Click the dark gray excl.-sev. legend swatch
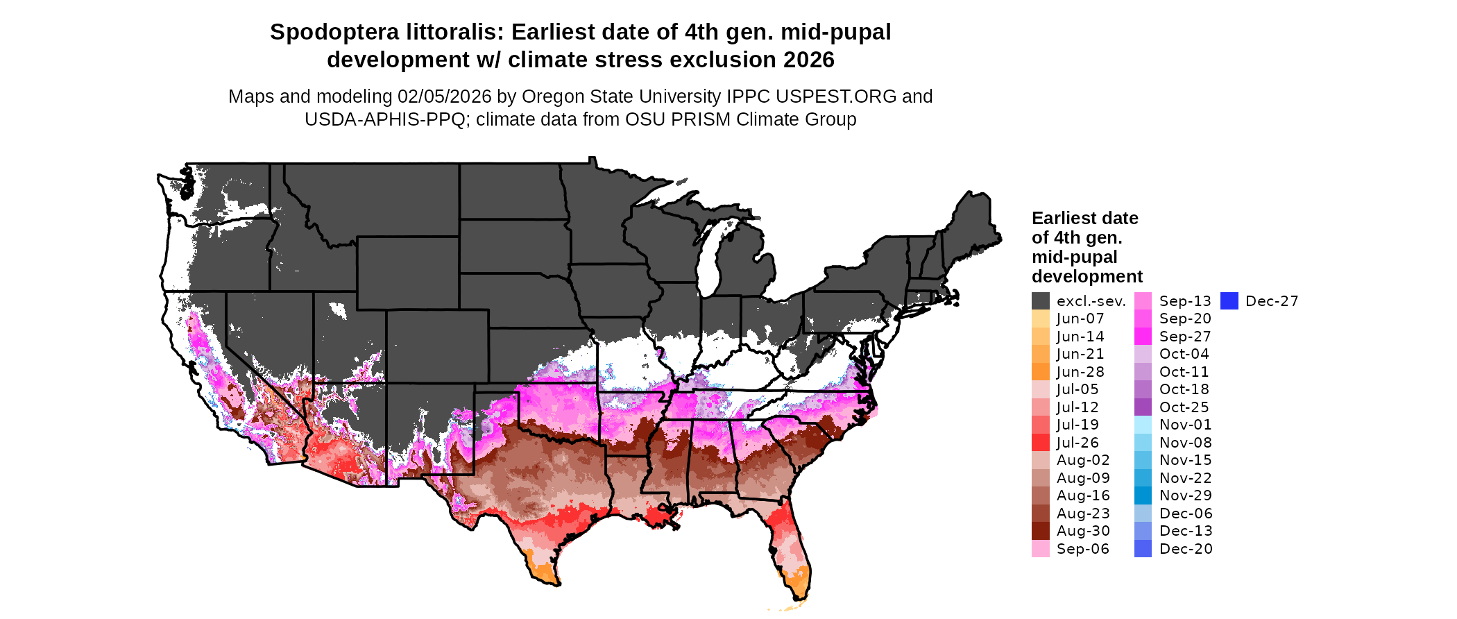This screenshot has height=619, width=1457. (x=1041, y=301)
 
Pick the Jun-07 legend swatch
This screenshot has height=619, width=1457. (x=1041, y=319)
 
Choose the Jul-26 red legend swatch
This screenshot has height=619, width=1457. (x=1041, y=443)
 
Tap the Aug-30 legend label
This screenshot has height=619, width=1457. (x=1083, y=531)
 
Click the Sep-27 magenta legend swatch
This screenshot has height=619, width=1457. (x=1143, y=337)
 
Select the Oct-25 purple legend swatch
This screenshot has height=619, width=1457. (x=1143, y=407)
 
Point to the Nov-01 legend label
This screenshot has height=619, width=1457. (x=1186, y=425)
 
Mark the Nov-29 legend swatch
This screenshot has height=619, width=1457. (x=1143, y=495)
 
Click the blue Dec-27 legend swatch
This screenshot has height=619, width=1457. (x=1229, y=301)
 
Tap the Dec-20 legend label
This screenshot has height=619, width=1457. (x=1186, y=549)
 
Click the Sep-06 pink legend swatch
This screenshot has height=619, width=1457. (x=1041, y=549)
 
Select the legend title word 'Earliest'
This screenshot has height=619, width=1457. (x=1058, y=219)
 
